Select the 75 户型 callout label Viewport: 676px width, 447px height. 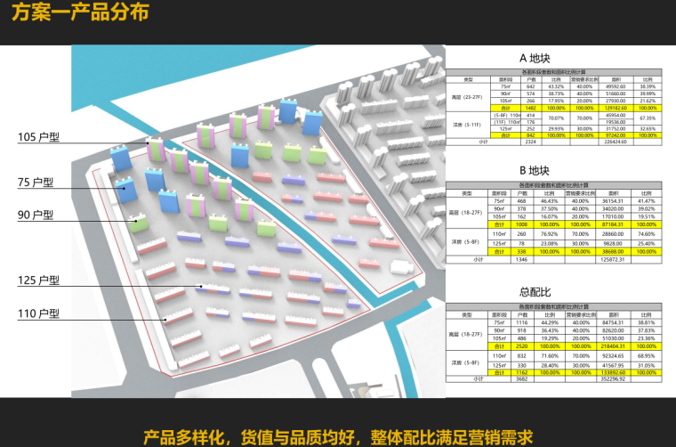36,182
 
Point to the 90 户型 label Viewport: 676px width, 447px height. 36,215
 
